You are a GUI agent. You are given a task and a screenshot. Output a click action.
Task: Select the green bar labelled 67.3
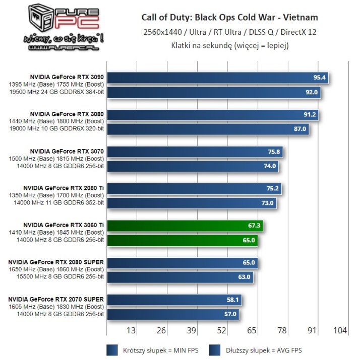[x=185, y=226]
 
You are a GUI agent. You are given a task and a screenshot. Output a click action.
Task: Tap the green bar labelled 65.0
[x=182, y=241]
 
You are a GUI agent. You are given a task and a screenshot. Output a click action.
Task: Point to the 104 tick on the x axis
[x=340, y=330]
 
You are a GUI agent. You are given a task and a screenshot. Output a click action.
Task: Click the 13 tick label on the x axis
[x=132, y=330]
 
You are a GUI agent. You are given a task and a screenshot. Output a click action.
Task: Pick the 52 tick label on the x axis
[x=221, y=330]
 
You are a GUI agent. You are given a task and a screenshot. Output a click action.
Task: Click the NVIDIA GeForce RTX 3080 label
[x=67, y=114]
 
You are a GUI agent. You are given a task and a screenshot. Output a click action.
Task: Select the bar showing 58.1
[x=174, y=300]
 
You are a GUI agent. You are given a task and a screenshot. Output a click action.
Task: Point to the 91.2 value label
[x=310, y=115]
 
